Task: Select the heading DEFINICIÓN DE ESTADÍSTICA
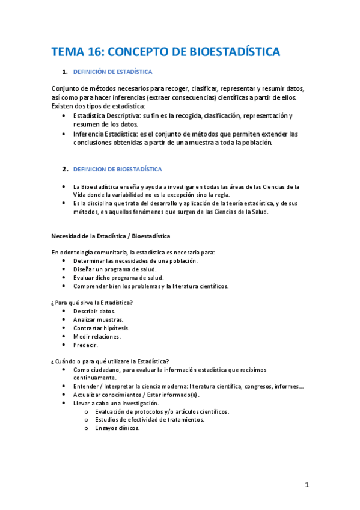pyautogui.click(x=112, y=72)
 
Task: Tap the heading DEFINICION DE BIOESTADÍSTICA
pyautogui.click(x=117, y=170)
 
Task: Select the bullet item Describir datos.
pyautogui.click(x=94, y=311)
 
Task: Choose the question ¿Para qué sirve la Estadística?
pyautogui.click(x=92, y=302)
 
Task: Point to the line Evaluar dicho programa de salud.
pyautogui.click(x=115, y=277)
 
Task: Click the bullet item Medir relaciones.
pyautogui.click(x=96, y=337)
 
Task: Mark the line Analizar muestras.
pyautogui.click(x=98, y=319)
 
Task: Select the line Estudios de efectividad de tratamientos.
pyautogui.click(x=149, y=420)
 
